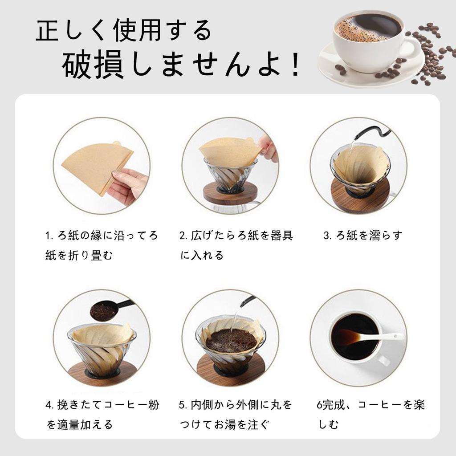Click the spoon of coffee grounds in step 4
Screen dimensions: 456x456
(105, 311)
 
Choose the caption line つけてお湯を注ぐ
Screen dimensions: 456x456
(225, 424)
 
